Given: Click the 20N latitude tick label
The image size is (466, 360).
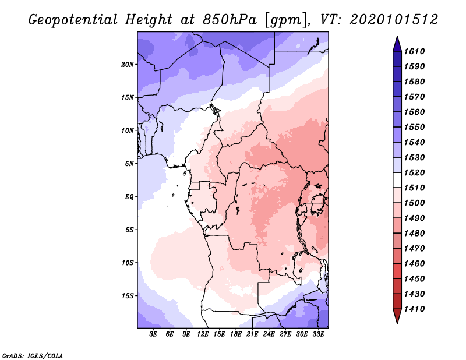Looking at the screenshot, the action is tap(128, 64).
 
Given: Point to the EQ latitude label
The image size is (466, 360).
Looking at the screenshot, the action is tap(129, 196).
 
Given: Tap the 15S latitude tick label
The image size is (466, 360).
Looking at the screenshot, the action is tap(128, 296).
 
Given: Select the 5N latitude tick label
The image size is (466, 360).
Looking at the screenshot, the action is tap(129, 164).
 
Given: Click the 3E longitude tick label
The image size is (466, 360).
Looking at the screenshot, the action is tap(153, 334).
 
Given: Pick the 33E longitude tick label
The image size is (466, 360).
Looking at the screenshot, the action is tap(318, 334).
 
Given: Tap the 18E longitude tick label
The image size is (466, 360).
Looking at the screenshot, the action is tap(236, 334).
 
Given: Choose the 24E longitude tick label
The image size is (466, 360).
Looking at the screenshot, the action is tap(269, 334).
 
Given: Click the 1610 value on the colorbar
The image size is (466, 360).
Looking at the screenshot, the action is tap(414, 51).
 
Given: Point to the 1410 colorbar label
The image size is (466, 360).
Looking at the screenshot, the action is tap(414, 309).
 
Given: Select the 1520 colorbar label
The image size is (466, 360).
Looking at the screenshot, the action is tap(414, 172).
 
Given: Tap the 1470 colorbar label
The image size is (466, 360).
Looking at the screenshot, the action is tap(414, 248).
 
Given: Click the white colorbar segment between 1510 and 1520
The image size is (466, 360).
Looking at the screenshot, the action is tap(397, 180).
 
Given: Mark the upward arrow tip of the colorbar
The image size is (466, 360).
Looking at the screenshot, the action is tap(397, 36).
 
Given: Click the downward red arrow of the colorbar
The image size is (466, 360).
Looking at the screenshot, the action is tap(397, 316).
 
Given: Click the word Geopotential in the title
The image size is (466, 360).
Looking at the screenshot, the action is tap(73, 20).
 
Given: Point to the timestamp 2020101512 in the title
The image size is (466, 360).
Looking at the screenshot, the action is tap(394, 20).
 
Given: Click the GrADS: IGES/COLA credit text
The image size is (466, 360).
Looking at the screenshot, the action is tap(33, 355).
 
